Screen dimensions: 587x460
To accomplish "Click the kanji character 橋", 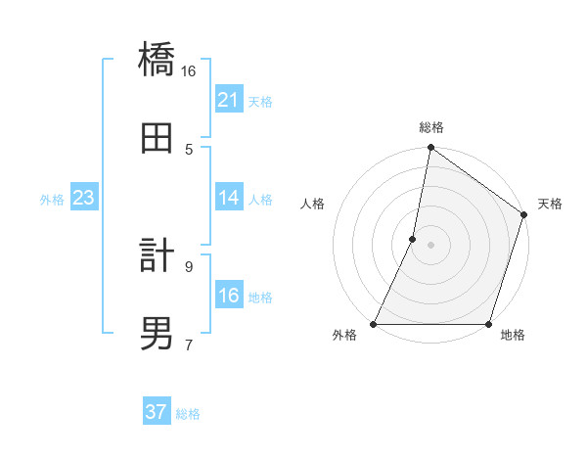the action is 157,62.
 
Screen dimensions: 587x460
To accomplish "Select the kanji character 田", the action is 157,138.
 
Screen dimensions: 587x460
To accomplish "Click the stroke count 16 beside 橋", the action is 189,71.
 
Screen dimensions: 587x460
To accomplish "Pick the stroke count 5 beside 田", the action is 189,149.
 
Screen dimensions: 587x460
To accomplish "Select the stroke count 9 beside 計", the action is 189,266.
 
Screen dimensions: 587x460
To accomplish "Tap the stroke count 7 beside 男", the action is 189,344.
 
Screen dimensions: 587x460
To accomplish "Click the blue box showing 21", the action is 229,100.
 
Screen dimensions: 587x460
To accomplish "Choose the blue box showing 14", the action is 229,198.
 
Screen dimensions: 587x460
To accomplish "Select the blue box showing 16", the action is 229,296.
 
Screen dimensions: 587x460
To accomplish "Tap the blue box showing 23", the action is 83,198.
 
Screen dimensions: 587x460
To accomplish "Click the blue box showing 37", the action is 157,412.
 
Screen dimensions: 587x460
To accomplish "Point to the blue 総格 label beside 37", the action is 188,414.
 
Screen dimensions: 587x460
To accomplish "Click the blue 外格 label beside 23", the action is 52,200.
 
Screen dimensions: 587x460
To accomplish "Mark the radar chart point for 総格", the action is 430,149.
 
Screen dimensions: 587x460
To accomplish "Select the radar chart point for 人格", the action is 413,239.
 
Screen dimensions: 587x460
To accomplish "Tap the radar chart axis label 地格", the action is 513,336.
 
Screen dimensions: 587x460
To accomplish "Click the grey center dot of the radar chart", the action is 430,245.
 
